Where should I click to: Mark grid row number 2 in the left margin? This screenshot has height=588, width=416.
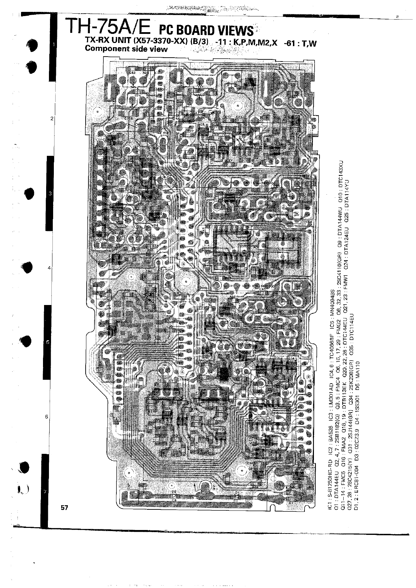point(52,119)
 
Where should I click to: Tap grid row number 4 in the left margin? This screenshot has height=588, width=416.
point(49,268)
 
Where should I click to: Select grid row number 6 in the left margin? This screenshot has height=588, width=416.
point(46,417)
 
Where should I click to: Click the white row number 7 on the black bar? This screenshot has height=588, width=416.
point(44,492)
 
